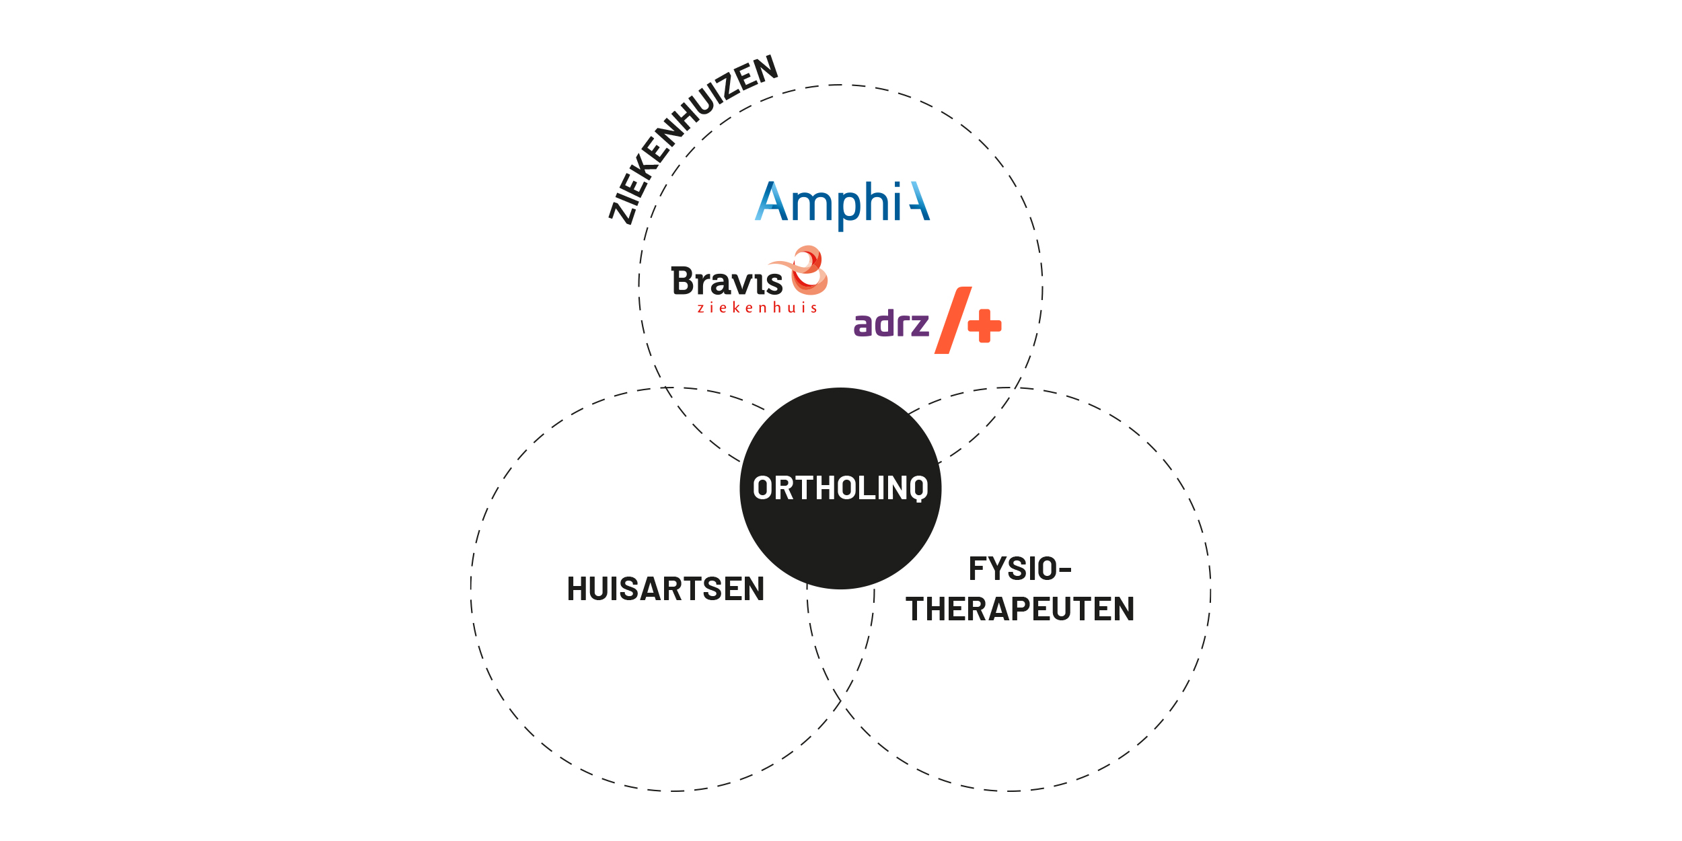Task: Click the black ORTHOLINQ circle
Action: coord(840,488)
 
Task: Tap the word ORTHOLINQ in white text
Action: coord(840,488)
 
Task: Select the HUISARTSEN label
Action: coord(665,589)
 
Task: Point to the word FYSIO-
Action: coord(1020,569)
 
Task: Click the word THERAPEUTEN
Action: coord(1020,609)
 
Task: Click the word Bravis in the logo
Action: coord(727,281)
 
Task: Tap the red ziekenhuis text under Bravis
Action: coord(757,308)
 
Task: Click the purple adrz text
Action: coord(891,323)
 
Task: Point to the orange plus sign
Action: coord(984,326)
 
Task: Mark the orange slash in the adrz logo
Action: coord(953,320)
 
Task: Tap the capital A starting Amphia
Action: coord(771,200)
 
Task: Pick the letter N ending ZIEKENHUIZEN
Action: coord(765,68)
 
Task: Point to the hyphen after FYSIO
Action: coord(1065,571)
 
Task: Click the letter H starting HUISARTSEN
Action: coord(577,589)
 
